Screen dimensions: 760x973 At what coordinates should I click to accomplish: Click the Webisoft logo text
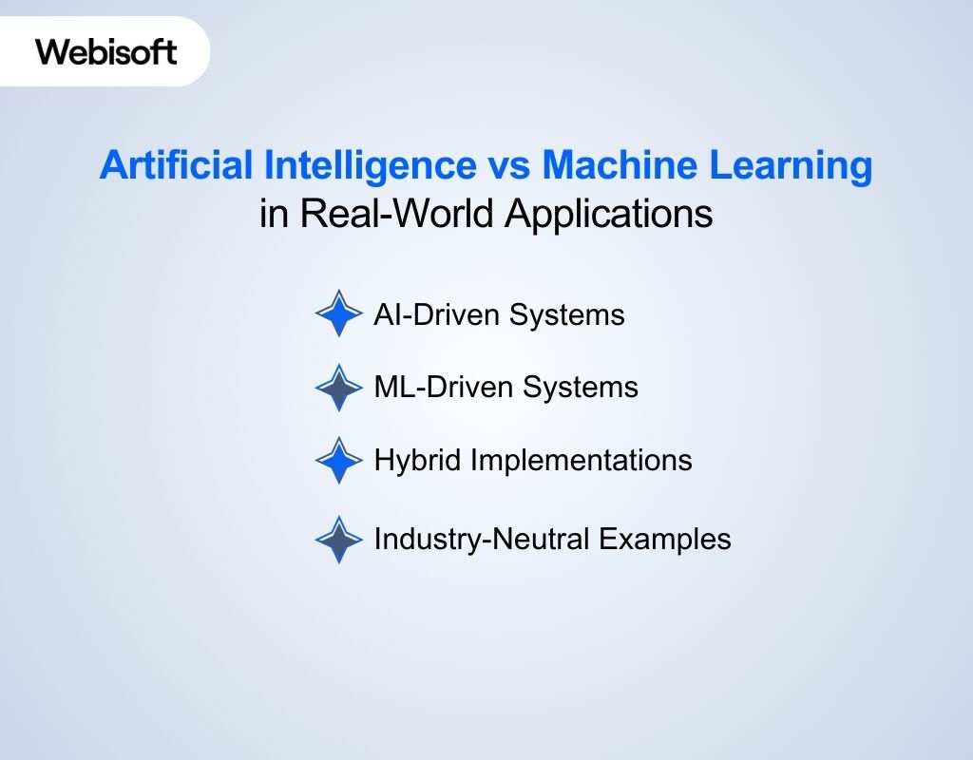[106, 50]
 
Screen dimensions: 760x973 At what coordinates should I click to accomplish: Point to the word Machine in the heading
[613, 166]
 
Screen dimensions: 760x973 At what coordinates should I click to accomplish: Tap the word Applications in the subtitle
[608, 214]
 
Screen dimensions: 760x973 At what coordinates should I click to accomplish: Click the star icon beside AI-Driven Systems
[339, 313]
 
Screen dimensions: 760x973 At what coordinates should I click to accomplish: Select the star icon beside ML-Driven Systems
[339, 388]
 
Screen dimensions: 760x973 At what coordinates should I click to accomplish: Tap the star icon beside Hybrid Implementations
[339, 461]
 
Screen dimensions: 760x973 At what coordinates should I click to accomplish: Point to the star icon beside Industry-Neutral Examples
[339, 540]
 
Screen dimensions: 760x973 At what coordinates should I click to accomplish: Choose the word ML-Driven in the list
[436, 388]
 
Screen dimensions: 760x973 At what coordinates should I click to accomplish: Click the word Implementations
[581, 461]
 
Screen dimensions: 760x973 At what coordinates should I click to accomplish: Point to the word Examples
[664, 540]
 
